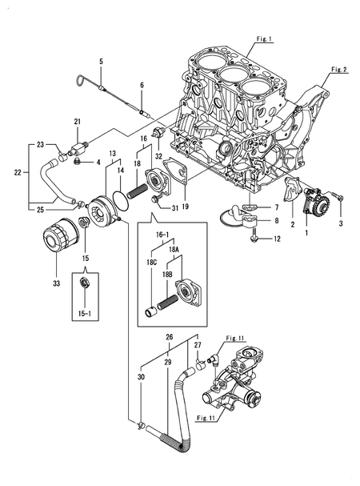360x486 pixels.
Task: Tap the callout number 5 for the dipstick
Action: click(x=102, y=62)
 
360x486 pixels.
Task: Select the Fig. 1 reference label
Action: click(x=265, y=38)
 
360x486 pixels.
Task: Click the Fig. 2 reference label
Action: click(x=339, y=70)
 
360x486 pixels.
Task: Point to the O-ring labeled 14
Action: click(x=118, y=195)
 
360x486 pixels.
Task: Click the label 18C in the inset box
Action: click(x=151, y=262)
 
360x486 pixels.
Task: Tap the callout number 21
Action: click(x=78, y=121)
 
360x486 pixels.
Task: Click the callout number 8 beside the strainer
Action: click(x=278, y=219)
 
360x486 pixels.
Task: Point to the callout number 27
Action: click(x=198, y=345)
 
